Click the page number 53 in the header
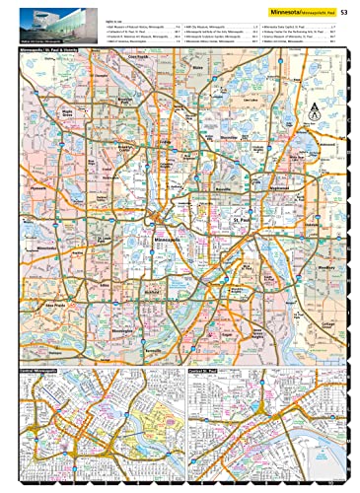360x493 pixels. click(x=342, y=12)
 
